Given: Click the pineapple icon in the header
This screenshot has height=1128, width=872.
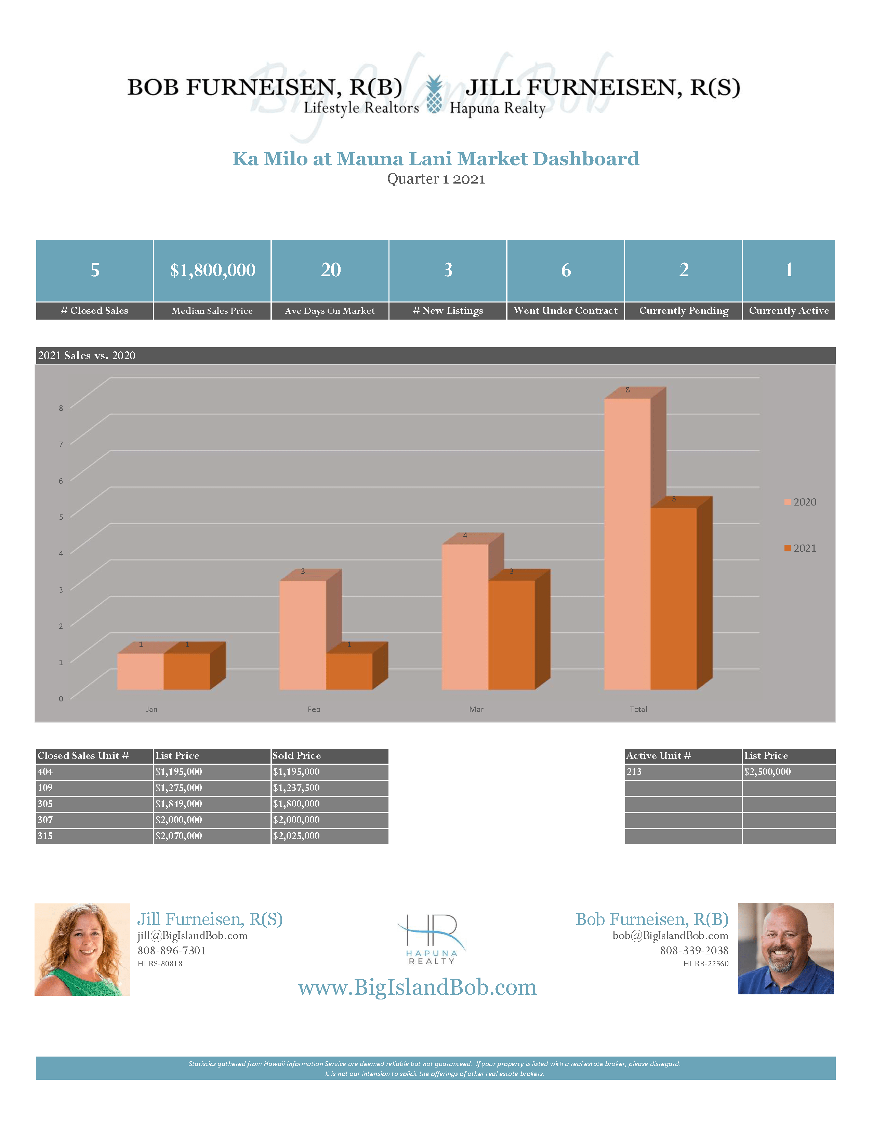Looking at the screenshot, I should click(x=434, y=95).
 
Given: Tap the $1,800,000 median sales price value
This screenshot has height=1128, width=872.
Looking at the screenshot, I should click(x=212, y=270).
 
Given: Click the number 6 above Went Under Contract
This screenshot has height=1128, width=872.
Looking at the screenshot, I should click(x=566, y=270).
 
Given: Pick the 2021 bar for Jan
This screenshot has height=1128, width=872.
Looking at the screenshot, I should click(x=186, y=671).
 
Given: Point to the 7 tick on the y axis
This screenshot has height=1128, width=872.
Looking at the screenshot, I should click(x=61, y=444).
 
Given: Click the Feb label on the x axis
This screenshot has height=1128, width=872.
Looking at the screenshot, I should click(x=314, y=709).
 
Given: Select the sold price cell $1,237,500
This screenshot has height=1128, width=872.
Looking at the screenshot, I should click(x=296, y=788).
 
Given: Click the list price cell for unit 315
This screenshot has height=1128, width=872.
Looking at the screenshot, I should click(x=179, y=836).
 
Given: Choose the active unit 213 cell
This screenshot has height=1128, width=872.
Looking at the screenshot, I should click(x=634, y=771).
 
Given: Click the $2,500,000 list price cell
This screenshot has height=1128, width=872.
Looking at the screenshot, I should click(x=767, y=771).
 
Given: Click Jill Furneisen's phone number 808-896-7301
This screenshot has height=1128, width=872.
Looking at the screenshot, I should click(x=172, y=950).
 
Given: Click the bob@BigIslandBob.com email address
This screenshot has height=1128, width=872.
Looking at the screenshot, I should click(x=670, y=935).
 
